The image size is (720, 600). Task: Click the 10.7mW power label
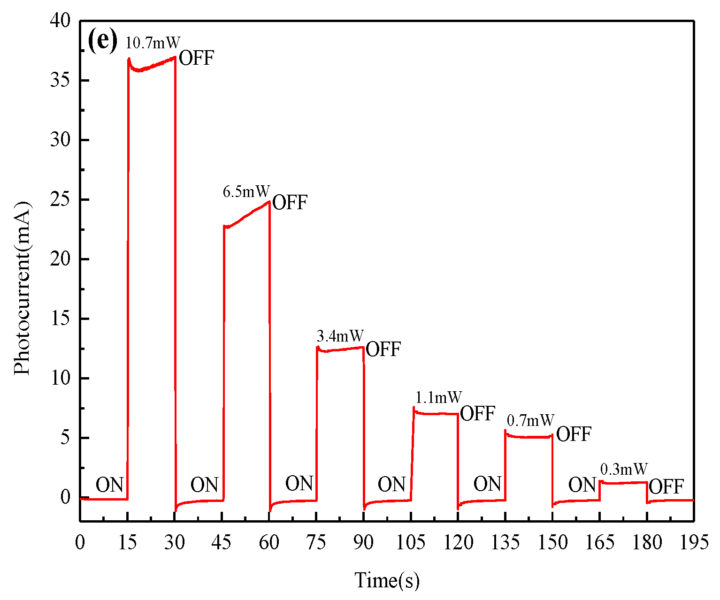(x=153, y=43)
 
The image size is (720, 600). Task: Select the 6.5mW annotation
(x=246, y=191)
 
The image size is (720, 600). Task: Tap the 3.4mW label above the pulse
(x=340, y=336)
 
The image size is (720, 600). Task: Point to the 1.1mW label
(x=438, y=398)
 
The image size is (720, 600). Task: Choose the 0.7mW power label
(x=531, y=420)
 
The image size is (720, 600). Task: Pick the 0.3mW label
(x=624, y=469)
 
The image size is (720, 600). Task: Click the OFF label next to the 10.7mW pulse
(x=196, y=59)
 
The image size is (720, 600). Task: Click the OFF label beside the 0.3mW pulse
(x=666, y=487)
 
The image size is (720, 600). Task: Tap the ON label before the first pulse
(x=110, y=485)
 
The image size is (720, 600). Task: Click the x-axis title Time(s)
(x=387, y=580)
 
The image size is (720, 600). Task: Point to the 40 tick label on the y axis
(x=60, y=21)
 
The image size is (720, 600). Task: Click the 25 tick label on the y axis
(x=60, y=200)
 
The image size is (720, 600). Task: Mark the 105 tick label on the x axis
(x=411, y=543)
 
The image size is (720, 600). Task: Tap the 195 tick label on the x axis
(x=694, y=543)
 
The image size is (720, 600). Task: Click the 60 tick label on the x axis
(x=269, y=543)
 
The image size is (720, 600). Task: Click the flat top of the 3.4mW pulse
(x=340, y=349)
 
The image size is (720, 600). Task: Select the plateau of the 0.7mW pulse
(x=529, y=437)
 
